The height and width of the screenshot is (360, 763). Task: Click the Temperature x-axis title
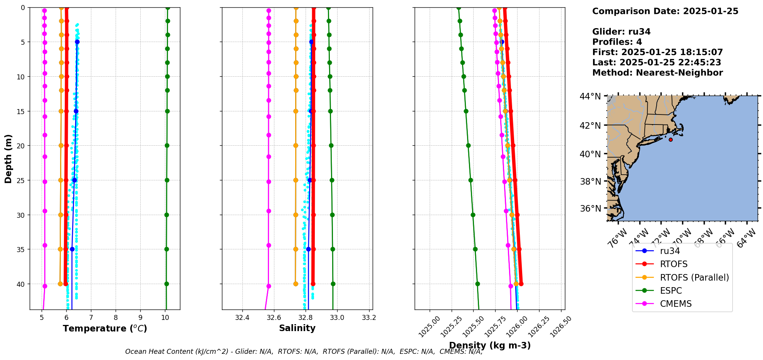click(x=105, y=328)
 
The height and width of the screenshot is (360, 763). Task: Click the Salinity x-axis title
click(x=297, y=328)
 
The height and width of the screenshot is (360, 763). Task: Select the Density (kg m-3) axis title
click(x=490, y=345)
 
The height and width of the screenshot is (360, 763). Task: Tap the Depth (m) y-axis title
click(x=8, y=158)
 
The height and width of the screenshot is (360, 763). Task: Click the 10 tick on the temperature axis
click(x=165, y=318)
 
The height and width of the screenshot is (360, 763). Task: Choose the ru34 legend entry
click(x=670, y=251)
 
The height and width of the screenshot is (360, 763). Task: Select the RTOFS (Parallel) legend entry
click(x=694, y=278)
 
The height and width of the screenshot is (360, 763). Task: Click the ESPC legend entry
click(x=671, y=291)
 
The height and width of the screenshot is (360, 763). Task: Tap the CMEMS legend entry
click(x=676, y=304)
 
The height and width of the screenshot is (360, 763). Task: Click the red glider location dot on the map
click(x=671, y=140)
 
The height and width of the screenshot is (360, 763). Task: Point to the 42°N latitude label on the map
click(x=590, y=126)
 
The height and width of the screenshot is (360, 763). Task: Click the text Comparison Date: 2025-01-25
click(x=665, y=11)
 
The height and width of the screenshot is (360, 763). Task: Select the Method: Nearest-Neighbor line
click(x=657, y=73)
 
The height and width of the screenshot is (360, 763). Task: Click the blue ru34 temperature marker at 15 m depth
click(x=76, y=111)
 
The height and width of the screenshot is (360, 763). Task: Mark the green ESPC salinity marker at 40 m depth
click(x=333, y=284)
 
